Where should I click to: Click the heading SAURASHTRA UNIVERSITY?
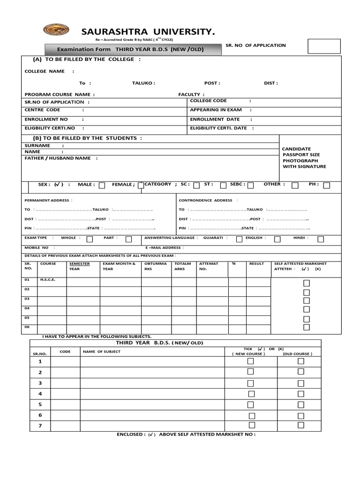click(x=143, y=32)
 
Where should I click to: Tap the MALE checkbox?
click(x=102, y=186)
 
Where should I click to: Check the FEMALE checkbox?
click(x=140, y=186)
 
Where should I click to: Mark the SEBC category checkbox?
click(x=251, y=186)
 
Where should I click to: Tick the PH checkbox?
click(x=327, y=186)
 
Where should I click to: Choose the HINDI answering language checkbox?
click(x=321, y=239)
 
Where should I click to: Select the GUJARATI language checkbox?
click(x=239, y=239)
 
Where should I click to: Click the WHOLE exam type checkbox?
click(x=90, y=239)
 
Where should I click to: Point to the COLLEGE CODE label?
click(x=208, y=101)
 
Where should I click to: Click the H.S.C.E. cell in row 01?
click(x=48, y=280)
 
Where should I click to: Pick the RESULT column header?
click(x=257, y=264)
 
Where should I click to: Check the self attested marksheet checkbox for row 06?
click(x=307, y=327)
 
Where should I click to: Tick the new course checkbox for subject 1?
click(x=251, y=361)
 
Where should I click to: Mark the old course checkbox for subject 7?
click(x=301, y=425)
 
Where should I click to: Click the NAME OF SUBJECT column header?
click(x=101, y=352)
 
